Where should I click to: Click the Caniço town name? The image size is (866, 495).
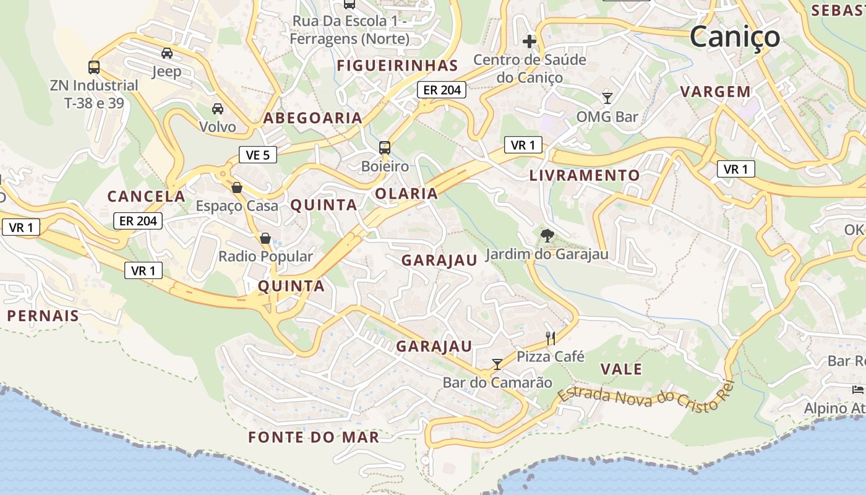click(x=735, y=37)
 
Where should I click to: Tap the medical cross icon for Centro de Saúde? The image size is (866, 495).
click(x=529, y=41)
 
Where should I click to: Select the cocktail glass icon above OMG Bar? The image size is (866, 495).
click(x=607, y=98)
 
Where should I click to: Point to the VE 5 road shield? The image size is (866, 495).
click(x=257, y=155)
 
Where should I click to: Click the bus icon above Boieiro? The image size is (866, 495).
click(x=385, y=148)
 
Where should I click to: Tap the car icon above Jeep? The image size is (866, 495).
click(x=167, y=53)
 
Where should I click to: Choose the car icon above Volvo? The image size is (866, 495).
click(x=218, y=109)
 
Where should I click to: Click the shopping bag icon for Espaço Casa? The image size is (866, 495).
click(x=236, y=187)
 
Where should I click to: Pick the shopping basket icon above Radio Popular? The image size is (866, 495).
click(x=265, y=238)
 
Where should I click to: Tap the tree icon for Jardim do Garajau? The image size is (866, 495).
click(x=547, y=235)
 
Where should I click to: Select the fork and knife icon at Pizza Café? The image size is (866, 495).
click(x=551, y=338)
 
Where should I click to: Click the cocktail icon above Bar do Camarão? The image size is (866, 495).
click(x=497, y=364)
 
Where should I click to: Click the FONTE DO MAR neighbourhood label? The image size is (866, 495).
click(x=314, y=437)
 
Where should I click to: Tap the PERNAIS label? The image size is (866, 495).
click(x=43, y=316)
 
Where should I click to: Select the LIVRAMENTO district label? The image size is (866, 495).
click(x=585, y=175)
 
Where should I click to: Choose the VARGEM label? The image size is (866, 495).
click(x=716, y=92)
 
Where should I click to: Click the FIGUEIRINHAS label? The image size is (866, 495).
click(x=397, y=66)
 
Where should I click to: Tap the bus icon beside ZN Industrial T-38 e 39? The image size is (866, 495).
click(x=94, y=67)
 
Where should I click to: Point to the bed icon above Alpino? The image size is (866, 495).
click(x=857, y=389)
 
